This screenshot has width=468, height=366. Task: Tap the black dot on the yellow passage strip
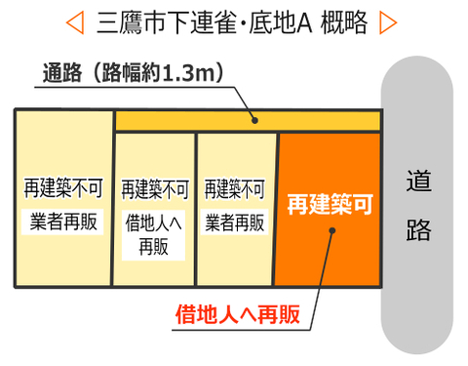(254, 121)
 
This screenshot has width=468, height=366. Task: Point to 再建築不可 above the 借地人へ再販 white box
(154, 189)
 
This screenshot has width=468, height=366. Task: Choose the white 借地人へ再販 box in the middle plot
(154, 234)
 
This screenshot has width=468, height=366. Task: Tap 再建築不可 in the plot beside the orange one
(235, 189)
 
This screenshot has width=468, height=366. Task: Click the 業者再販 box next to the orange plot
(235, 222)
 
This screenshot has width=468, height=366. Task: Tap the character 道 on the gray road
(419, 183)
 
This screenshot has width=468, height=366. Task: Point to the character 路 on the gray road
(419, 229)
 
